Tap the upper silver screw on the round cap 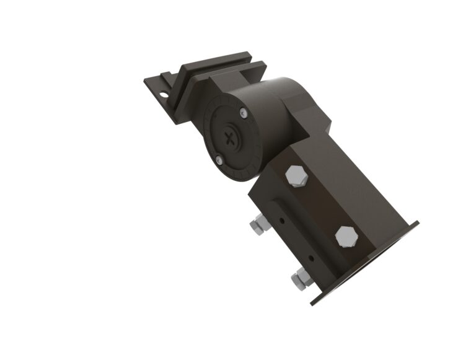coord(244,113)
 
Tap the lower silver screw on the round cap coord(219,162)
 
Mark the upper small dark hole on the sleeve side coord(282,219)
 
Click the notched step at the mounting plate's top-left coord(165,78)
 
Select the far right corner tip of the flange coord(418,222)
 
